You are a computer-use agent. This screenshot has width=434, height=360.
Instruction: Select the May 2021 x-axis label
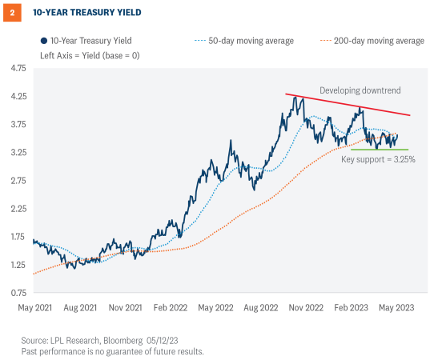click(34, 306)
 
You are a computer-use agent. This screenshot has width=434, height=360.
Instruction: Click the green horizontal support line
click(380, 150)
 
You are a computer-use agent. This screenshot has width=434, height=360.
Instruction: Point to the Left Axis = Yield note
click(87, 54)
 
